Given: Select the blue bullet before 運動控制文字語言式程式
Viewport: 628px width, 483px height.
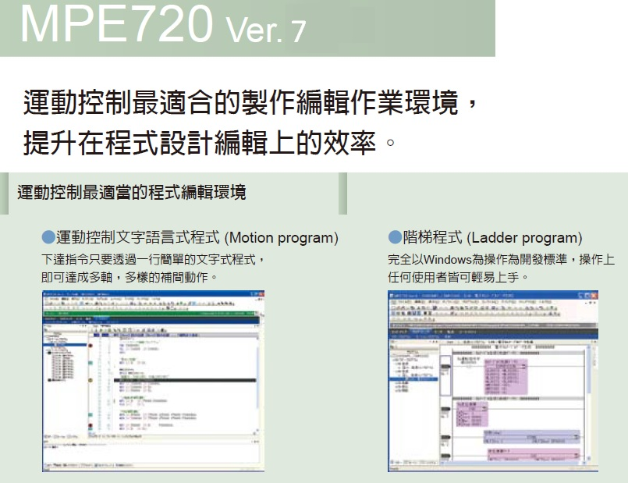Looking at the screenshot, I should point(48,237).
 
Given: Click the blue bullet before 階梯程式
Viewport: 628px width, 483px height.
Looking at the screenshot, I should point(394,237).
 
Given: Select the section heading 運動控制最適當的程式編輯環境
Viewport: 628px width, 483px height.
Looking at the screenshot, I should point(131,192).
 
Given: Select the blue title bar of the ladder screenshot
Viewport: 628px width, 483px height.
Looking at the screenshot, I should point(491,295).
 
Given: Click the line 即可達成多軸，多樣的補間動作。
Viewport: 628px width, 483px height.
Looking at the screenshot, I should point(129,277).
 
